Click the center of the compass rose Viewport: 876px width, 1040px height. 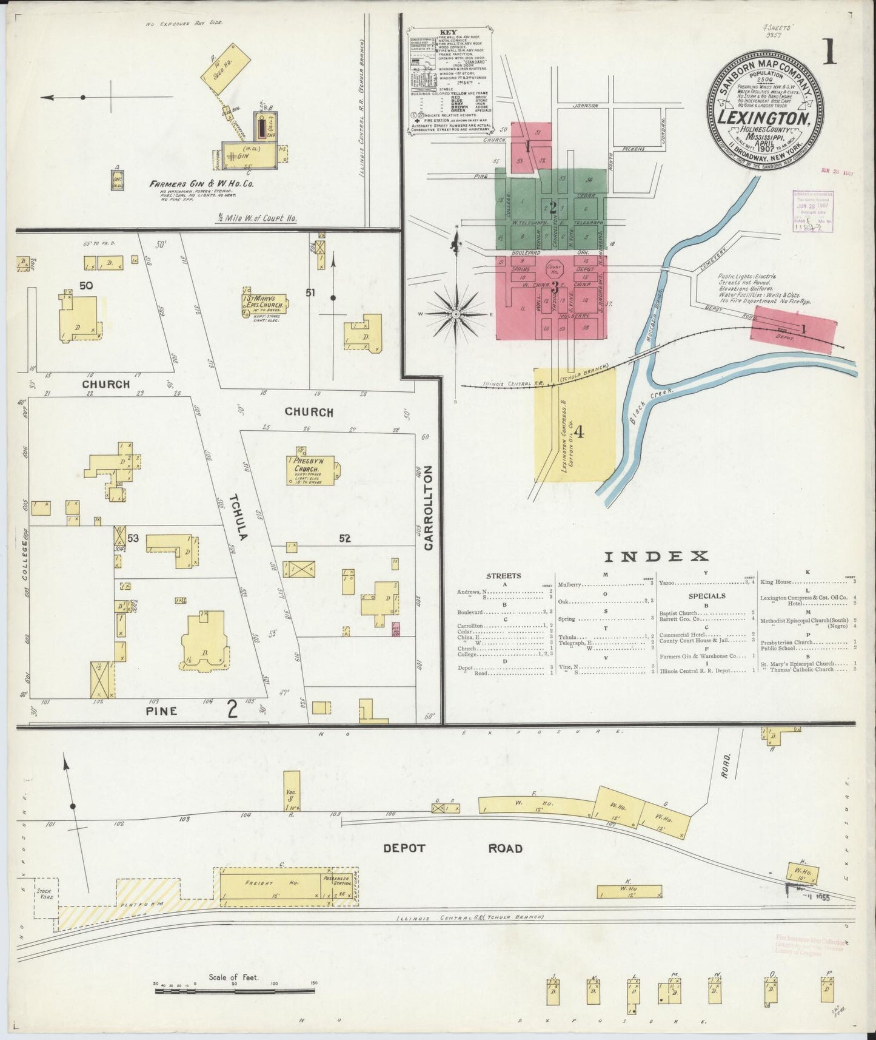455,314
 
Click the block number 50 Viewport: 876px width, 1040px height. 86,285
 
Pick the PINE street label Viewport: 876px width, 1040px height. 161,711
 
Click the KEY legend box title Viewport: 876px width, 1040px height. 449,33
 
